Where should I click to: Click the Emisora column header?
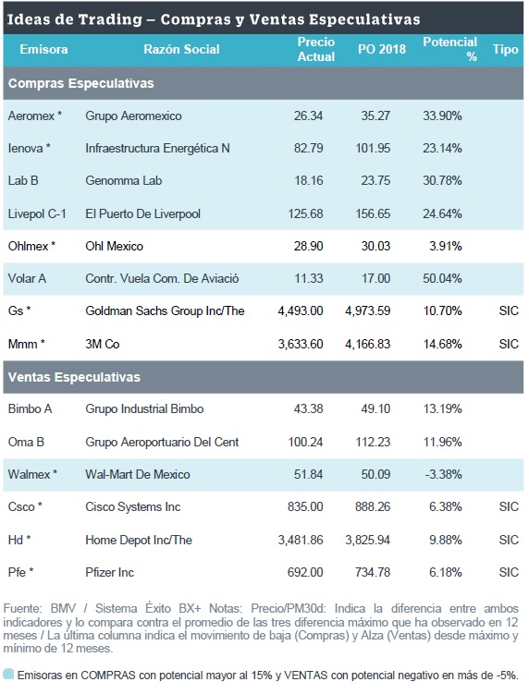(43, 49)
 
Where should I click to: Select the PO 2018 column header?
(381, 49)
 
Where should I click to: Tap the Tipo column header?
(506, 49)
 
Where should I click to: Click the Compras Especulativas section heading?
(81, 83)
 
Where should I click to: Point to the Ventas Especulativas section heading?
(74, 377)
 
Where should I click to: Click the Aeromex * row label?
(35, 116)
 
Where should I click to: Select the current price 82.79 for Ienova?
(308, 148)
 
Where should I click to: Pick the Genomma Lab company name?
(124, 180)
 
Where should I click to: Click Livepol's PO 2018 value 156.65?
(373, 213)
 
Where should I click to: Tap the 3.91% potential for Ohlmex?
(445, 246)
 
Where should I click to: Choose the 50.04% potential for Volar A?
(442, 278)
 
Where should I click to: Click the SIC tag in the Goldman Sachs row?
(509, 310)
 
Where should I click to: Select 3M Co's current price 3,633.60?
(301, 344)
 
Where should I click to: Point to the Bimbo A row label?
(31, 409)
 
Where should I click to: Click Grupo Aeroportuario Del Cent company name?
(162, 442)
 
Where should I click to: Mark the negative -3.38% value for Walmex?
(443, 474)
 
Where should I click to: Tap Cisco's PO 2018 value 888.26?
(373, 506)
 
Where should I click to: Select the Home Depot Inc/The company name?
(139, 540)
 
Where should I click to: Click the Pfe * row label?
(21, 572)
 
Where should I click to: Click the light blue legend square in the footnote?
(8, 675)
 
